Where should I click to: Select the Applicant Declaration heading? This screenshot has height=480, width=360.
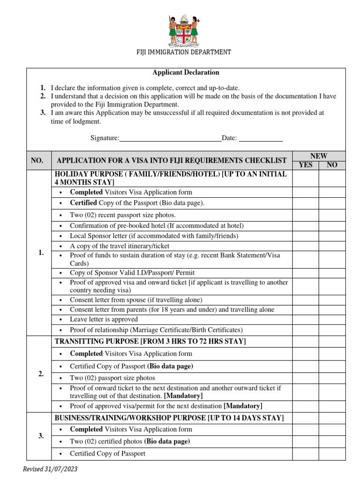pyautogui.click(x=186, y=73)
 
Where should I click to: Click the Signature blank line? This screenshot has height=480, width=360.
pyautogui.click(x=171, y=138)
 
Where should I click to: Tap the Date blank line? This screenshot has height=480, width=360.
pyautogui.click(x=261, y=138)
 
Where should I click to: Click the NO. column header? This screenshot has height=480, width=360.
pyautogui.click(x=37, y=160)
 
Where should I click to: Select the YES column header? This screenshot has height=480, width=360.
pyautogui.click(x=306, y=165)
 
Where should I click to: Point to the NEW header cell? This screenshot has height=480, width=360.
pyautogui.click(x=319, y=156)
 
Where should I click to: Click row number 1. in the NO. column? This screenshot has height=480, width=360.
pyautogui.click(x=41, y=253)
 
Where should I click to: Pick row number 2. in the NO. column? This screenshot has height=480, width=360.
pyautogui.click(x=41, y=374)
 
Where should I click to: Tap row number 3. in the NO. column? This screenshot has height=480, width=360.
pyautogui.click(x=41, y=436)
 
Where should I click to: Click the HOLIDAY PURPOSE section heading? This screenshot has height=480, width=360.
pyautogui.click(x=171, y=178)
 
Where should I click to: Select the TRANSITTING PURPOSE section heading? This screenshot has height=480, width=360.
pyautogui.click(x=150, y=341)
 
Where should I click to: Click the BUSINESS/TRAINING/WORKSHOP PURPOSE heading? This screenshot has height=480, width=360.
pyautogui.click(x=169, y=418)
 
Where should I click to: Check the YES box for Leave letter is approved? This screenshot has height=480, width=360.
pyautogui.click(x=306, y=319)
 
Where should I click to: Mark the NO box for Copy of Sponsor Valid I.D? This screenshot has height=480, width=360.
pyautogui.click(x=332, y=272)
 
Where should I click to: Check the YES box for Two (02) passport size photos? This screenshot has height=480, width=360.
pyautogui.click(x=306, y=378)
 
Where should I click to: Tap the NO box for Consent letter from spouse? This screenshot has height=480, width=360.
pyautogui.click(x=332, y=300)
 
